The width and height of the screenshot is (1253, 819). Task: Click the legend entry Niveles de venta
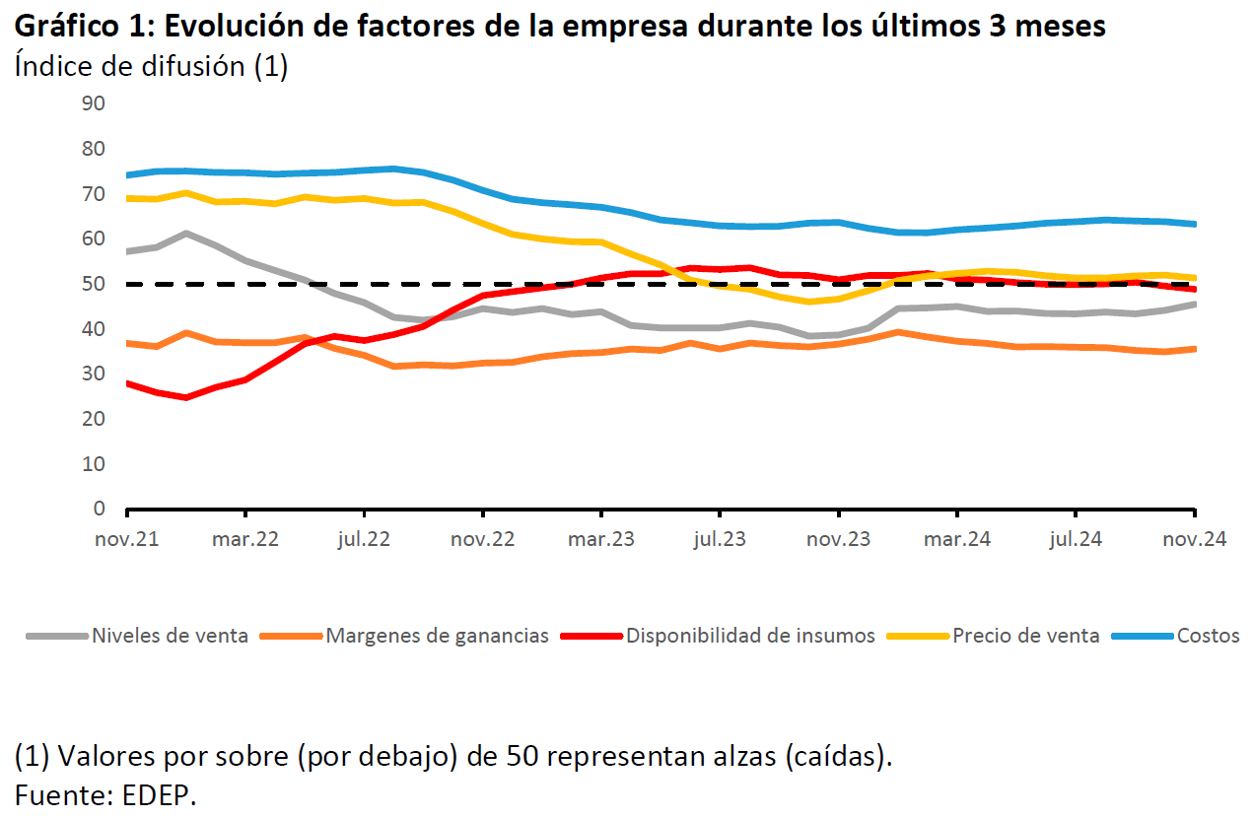(170, 636)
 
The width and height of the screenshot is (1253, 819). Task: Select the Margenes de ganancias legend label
(437, 636)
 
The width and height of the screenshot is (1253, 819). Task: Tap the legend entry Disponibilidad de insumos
(750, 636)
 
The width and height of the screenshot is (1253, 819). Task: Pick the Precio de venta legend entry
(1025, 636)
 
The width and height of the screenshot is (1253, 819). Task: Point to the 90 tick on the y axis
(95, 103)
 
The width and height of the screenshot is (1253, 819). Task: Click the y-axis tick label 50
(95, 284)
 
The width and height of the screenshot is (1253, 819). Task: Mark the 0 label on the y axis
(100, 509)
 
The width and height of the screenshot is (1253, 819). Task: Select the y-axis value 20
(95, 419)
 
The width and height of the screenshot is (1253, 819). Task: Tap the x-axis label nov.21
(127, 540)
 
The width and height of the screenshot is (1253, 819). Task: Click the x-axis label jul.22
(364, 540)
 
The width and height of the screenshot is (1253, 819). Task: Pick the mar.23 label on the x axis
(600, 540)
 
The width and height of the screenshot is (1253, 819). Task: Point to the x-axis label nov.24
(1194, 540)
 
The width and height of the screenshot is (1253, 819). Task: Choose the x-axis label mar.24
(957, 540)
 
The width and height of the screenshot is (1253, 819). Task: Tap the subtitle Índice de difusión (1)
(151, 67)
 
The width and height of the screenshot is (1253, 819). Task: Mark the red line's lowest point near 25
(186, 397)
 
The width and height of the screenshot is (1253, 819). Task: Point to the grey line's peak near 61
(186, 234)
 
